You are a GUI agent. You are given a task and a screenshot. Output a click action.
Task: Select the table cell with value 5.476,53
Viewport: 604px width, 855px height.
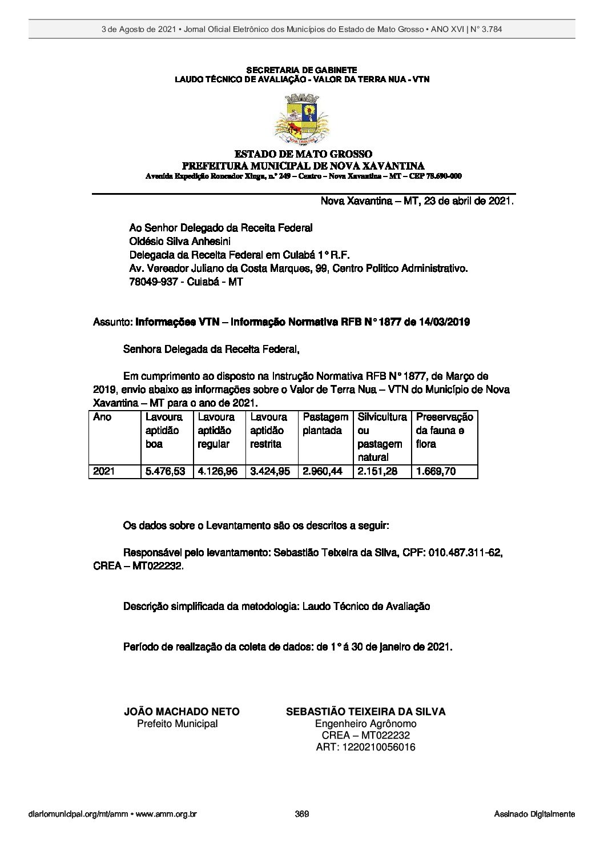166,472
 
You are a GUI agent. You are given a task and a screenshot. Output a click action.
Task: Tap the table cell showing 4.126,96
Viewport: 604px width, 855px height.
218,472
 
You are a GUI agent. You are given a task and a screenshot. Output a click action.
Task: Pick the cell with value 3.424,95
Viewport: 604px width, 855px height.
271,472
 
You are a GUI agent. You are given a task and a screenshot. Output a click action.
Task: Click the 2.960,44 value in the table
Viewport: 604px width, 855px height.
324,472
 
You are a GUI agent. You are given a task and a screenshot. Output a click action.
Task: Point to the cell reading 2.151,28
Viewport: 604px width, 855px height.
378,472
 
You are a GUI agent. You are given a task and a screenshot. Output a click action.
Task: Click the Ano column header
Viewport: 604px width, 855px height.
102,418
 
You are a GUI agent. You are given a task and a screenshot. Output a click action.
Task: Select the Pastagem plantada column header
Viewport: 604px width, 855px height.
325,424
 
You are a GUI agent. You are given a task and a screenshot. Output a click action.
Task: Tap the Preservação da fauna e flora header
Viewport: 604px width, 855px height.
444,430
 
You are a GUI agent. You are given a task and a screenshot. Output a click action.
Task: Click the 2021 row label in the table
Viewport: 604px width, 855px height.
104,472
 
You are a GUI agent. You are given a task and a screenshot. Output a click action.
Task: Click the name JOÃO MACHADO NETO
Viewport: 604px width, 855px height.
182,712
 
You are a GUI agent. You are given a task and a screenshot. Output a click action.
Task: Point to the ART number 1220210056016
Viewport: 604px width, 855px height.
365,747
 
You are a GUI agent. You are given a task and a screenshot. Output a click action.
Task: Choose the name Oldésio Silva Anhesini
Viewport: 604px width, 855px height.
180,241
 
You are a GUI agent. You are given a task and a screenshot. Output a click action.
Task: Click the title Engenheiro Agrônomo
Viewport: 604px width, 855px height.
365,724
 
